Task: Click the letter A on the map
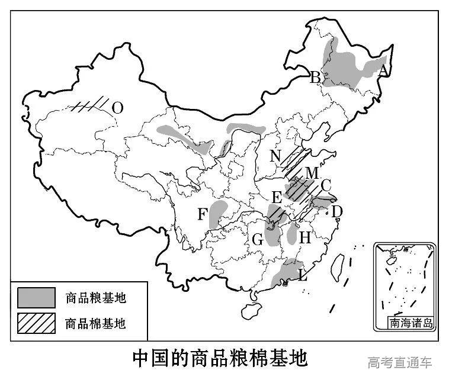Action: point(383,70)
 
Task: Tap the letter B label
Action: point(316,77)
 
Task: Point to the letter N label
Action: point(275,156)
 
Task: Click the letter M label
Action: point(312,173)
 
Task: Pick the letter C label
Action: point(325,185)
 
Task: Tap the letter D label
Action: point(336,210)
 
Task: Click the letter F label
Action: point(203,214)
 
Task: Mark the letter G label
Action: point(257,239)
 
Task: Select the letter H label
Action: point(305,238)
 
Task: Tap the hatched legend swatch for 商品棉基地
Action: point(36,323)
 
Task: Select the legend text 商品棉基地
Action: point(95,323)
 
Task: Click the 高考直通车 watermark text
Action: point(400,362)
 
